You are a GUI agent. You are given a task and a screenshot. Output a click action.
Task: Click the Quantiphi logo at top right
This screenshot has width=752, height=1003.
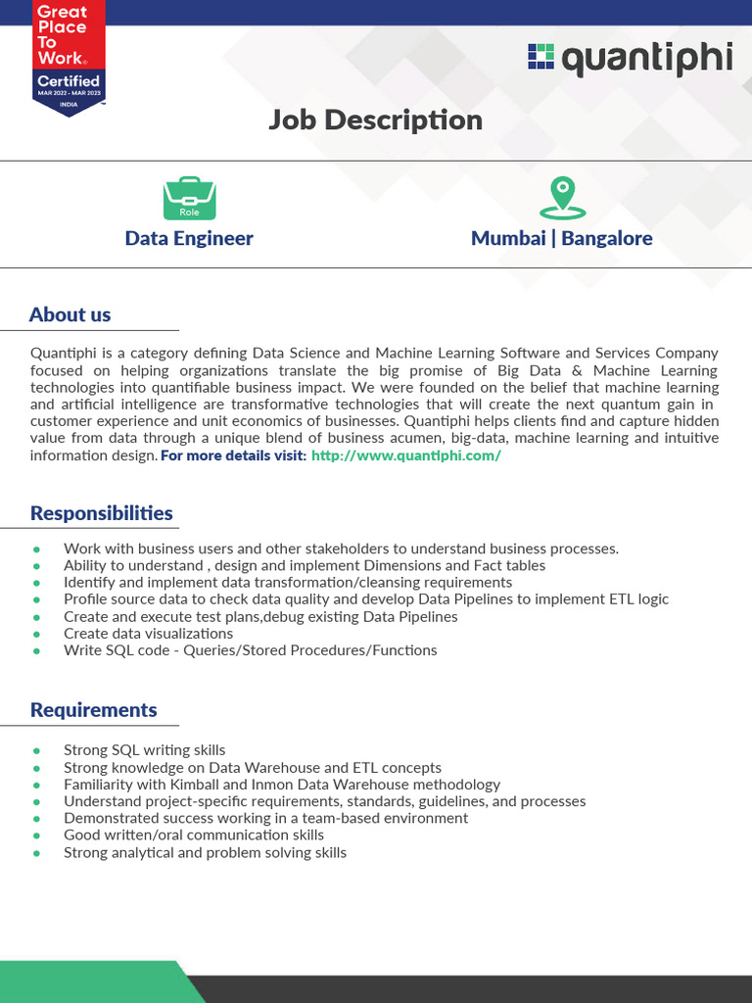[630, 59]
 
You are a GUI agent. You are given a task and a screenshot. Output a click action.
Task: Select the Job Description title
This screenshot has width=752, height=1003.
[376, 119]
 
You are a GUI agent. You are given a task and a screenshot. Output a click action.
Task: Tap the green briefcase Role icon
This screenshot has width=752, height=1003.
[189, 198]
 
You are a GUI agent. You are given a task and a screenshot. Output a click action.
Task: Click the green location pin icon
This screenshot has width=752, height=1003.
[562, 198]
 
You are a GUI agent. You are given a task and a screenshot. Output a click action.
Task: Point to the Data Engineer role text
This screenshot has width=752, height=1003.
[189, 238]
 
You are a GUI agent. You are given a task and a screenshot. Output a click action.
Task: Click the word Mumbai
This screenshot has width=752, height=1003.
[508, 238]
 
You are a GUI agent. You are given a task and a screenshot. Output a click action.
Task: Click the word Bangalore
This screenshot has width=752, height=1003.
[607, 238]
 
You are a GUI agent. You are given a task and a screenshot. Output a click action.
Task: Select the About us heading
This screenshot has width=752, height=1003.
[70, 314]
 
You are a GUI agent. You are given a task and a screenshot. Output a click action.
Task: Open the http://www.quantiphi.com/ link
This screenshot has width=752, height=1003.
[405, 456]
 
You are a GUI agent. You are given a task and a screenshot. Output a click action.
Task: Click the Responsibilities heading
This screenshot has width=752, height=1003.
[101, 513]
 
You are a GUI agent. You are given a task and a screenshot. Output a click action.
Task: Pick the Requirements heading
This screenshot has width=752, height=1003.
[93, 709]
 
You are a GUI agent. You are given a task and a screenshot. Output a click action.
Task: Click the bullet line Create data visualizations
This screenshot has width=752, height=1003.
[148, 633]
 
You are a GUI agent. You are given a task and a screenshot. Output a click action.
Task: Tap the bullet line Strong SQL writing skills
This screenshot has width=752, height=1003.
[144, 750]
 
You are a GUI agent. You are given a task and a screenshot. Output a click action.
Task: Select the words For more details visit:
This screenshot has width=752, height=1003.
[233, 456]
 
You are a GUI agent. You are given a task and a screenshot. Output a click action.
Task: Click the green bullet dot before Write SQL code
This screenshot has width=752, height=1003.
[37, 650]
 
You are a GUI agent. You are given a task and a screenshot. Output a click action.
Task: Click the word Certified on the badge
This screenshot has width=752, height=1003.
[68, 80]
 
